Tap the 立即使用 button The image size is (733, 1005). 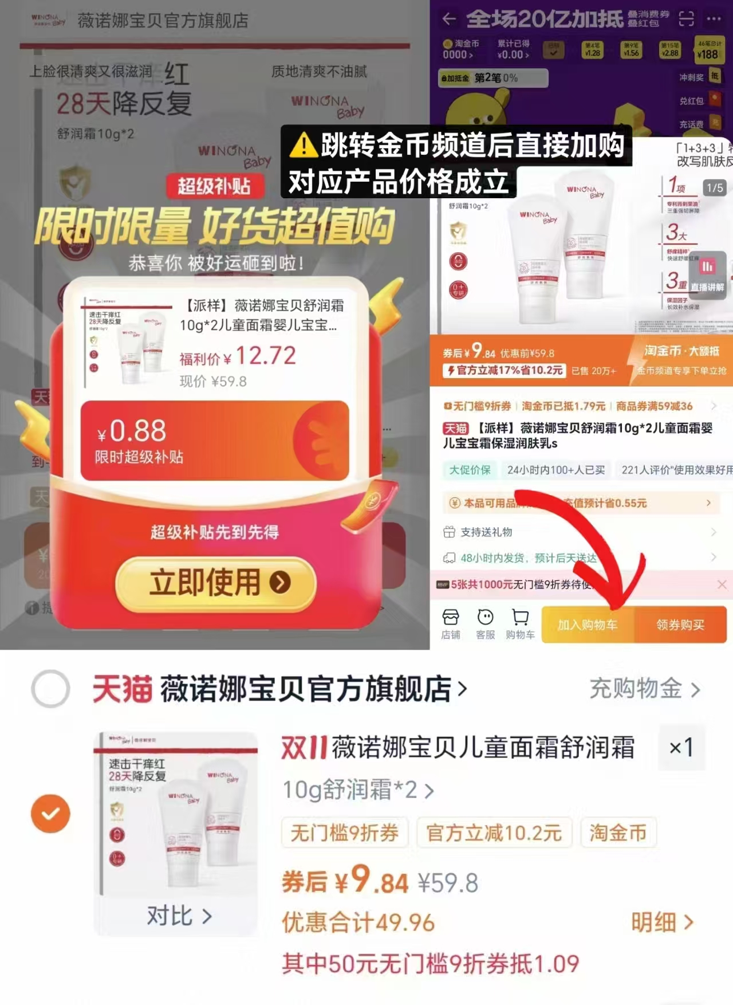(x=216, y=583)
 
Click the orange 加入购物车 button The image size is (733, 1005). (x=588, y=625)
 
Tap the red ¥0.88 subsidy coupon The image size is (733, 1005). (x=215, y=440)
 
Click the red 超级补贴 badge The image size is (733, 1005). (x=214, y=186)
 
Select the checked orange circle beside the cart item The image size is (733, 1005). (x=50, y=813)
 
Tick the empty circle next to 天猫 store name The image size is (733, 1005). (x=50, y=688)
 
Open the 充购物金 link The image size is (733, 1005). (x=644, y=689)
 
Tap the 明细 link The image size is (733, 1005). (x=661, y=922)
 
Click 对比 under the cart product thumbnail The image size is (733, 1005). (x=179, y=916)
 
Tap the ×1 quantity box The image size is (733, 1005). (x=681, y=747)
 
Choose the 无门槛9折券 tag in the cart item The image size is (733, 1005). (x=344, y=833)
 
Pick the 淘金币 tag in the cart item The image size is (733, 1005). (x=618, y=833)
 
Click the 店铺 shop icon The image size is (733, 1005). (x=451, y=623)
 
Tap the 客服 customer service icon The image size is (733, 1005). (x=486, y=623)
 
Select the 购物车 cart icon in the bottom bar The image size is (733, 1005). (x=520, y=623)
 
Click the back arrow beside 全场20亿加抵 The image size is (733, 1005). (x=450, y=19)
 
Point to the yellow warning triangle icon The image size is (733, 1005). (x=304, y=145)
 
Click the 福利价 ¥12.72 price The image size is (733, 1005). (x=238, y=356)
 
